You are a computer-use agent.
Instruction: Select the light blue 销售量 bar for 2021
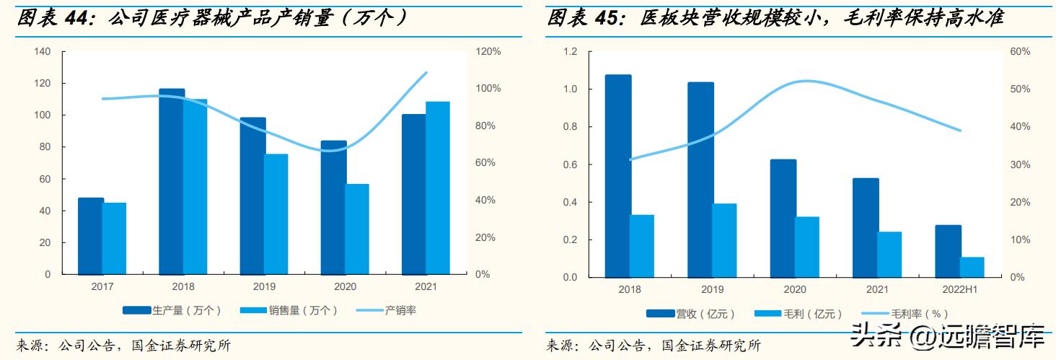tap(438, 188)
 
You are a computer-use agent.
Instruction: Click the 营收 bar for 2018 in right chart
tap(618, 176)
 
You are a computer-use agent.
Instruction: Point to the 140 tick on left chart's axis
tap(43, 52)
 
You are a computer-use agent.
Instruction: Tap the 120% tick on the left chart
tap(487, 52)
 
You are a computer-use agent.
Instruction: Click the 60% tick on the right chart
tap(1020, 52)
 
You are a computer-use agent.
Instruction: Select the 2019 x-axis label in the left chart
tap(264, 286)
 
